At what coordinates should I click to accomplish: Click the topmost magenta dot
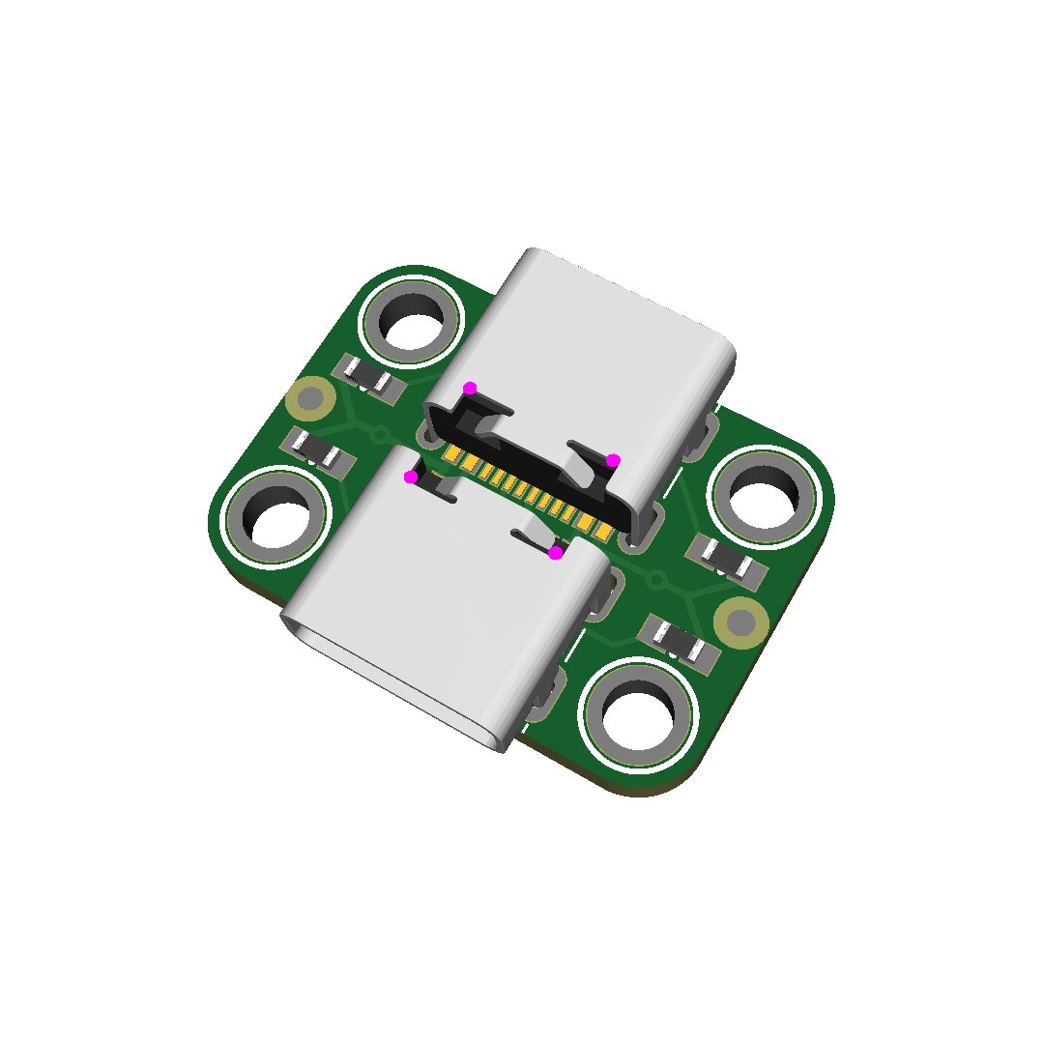(x=470, y=389)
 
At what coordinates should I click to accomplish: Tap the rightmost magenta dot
(x=613, y=460)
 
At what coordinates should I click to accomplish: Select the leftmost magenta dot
(x=411, y=477)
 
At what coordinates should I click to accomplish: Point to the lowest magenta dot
(x=556, y=553)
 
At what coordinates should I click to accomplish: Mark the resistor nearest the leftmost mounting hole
(x=316, y=450)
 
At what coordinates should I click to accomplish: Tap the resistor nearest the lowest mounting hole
(x=681, y=641)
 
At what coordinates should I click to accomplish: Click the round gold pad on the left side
(x=310, y=397)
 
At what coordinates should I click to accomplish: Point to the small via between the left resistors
(x=380, y=434)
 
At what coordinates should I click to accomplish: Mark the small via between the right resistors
(x=657, y=581)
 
